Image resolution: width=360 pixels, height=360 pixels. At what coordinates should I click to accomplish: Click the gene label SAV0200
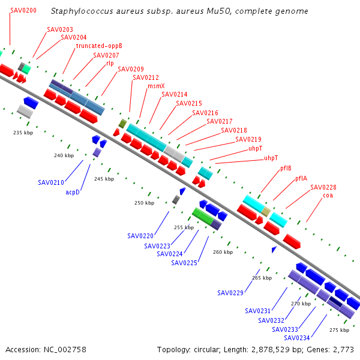(23, 10)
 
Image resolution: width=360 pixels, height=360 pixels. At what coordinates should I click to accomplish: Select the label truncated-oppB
(99, 46)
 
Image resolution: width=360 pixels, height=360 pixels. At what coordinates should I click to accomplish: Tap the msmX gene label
(156, 86)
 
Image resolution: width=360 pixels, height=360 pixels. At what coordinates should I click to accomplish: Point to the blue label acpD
(73, 192)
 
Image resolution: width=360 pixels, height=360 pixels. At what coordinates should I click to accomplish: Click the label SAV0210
(51, 182)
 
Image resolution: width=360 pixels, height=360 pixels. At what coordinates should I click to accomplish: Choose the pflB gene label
(286, 168)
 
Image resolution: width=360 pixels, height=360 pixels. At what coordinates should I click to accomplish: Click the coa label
(328, 196)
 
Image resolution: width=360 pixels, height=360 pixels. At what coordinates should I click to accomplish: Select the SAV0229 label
(230, 293)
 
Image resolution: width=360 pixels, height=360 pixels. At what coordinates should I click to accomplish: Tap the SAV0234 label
(297, 338)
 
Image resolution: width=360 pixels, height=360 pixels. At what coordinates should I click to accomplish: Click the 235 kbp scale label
(23, 133)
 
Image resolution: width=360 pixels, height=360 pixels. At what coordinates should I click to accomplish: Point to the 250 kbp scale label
(145, 203)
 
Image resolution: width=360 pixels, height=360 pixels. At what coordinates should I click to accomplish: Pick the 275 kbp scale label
(340, 330)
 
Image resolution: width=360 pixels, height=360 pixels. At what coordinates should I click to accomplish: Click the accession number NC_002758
(65, 350)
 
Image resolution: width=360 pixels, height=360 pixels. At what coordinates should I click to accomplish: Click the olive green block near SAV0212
(123, 124)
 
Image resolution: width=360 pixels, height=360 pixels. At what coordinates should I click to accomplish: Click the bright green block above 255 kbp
(203, 216)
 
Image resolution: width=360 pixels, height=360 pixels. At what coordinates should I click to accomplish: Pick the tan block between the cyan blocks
(266, 212)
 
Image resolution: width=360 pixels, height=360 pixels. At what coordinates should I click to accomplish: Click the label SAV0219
(248, 139)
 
